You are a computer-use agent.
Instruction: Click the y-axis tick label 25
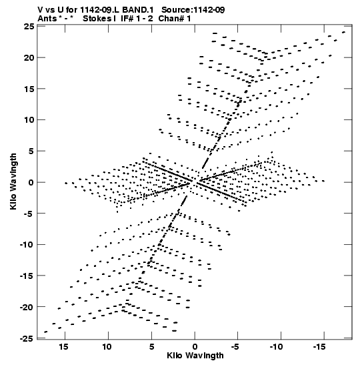[x=29, y=27]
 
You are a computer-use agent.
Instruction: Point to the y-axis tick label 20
[x=29, y=57]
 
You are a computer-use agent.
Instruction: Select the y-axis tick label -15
[x=27, y=276]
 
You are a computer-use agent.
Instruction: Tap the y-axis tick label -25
[x=27, y=338]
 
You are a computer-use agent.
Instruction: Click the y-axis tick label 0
[x=31, y=182]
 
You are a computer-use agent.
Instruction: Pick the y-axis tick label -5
[x=29, y=214]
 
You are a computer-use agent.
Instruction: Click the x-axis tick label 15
[x=63, y=347]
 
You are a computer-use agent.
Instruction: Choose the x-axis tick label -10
[x=276, y=347]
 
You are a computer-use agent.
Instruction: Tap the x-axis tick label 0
[x=195, y=347]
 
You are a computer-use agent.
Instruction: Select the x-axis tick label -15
[x=319, y=347]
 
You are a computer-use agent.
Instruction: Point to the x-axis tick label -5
[x=235, y=347]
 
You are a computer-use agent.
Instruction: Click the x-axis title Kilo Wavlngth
[x=195, y=356]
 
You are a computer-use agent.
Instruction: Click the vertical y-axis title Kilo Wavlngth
[x=13, y=181]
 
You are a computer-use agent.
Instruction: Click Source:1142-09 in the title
[x=193, y=10]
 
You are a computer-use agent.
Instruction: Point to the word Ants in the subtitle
[x=47, y=19]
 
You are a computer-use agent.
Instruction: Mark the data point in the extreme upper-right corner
[x=344, y=32]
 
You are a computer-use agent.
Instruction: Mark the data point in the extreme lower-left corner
[x=45, y=332]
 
